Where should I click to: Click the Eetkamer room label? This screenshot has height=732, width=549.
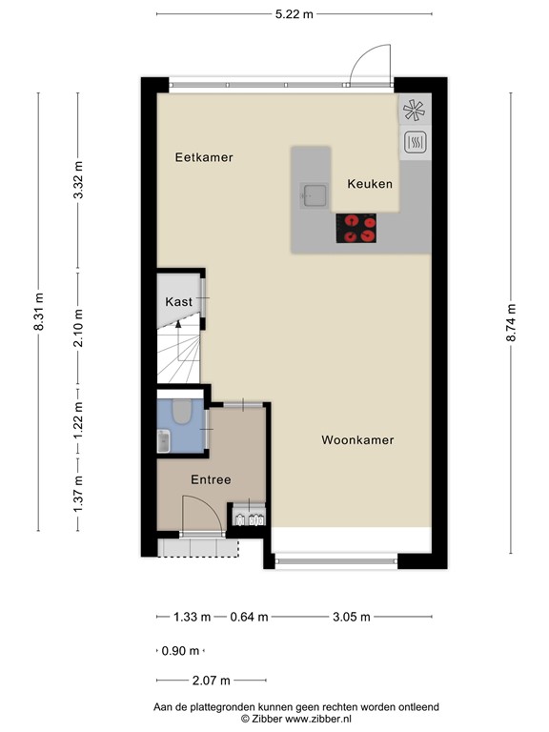[204, 157]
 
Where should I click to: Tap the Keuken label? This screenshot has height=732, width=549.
[370, 184]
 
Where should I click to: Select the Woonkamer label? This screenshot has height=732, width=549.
[357, 439]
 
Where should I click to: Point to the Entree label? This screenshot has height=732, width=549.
[211, 479]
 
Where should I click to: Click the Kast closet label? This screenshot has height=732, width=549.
[179, 301]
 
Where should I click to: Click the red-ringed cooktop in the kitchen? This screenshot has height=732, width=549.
[356, 229]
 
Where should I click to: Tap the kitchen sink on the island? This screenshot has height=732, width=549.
[315, 195]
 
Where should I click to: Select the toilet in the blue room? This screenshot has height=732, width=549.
[182, 412]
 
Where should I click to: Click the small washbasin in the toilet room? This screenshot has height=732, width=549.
[163, 441]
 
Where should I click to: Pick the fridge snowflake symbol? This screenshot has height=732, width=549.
[415, 111]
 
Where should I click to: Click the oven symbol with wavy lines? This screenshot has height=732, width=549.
[415, 142]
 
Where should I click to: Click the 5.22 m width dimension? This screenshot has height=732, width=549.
[295, 14]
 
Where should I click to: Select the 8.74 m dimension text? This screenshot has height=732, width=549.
[511, 322]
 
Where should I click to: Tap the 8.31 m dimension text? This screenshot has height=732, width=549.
[38, 312]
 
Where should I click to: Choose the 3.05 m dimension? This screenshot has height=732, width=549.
[352, 617]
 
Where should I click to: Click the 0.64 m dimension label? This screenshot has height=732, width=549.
[250, 617]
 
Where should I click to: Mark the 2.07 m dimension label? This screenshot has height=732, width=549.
[212, 681]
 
